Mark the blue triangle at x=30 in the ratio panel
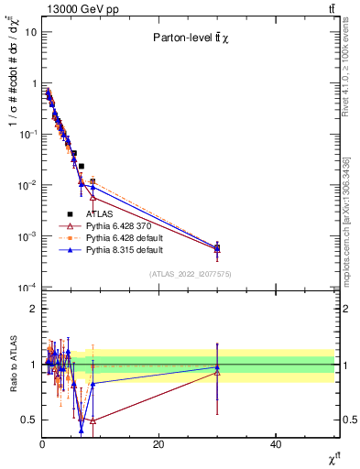pos(217,367)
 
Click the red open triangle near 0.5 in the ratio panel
pos(93,420)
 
